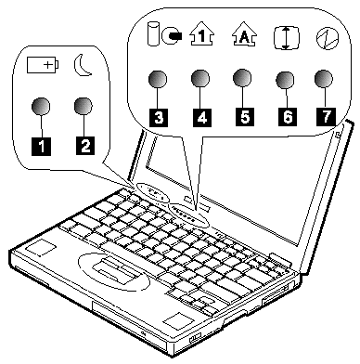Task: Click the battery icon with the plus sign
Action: coord(43,64)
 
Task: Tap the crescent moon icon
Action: coord(83,65)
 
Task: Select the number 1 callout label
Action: coord(42,146)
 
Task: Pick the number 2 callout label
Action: coord(85,145)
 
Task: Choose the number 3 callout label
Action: coord(159,117)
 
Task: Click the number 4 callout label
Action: coord(202,117)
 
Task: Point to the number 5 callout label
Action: coord(245,117)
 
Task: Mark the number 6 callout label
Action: coord(288,117)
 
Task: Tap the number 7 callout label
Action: coord(326,116)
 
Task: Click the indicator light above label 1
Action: coord(41,107)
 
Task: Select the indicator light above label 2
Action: coord(84,107)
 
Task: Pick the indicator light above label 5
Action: coord(242,77)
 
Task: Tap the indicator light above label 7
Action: coord(324,79)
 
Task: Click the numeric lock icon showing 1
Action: coord(201,35)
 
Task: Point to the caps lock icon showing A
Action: coord(244,34)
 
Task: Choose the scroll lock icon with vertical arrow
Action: coord(287,38)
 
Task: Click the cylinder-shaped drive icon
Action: coord(152,34)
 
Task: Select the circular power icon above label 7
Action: coord(328,38)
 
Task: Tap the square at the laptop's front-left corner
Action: coord(41,247)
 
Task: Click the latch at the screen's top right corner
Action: coord(338,134)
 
